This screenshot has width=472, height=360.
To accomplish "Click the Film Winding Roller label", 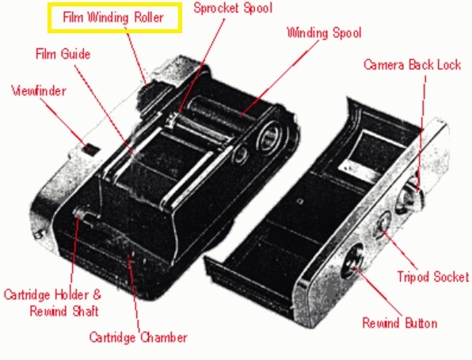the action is tap(113, 17).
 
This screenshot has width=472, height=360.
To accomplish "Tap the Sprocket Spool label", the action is tap(233, 8).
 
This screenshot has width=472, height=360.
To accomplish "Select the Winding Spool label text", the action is tap(324, 32).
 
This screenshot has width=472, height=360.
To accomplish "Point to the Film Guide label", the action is tap(63, 54).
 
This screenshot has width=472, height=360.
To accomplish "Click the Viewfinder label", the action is tap(39, 91).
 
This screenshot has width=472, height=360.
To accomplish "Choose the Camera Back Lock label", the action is tap(412, 65).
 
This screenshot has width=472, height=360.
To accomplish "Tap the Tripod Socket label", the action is tap(433, 276).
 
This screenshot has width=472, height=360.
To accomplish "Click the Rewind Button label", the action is tap(399, 323).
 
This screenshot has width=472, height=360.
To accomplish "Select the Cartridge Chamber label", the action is tap(138, 337).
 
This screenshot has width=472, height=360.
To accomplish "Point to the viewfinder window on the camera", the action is tap(90, 150).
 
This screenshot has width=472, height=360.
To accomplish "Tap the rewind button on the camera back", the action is tap(353, 263).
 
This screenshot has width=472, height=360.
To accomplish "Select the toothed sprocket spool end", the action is tap(172, 121).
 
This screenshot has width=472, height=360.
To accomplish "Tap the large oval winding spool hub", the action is tap(270, 136).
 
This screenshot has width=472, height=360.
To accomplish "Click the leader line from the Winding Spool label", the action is tap(279, 78).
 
